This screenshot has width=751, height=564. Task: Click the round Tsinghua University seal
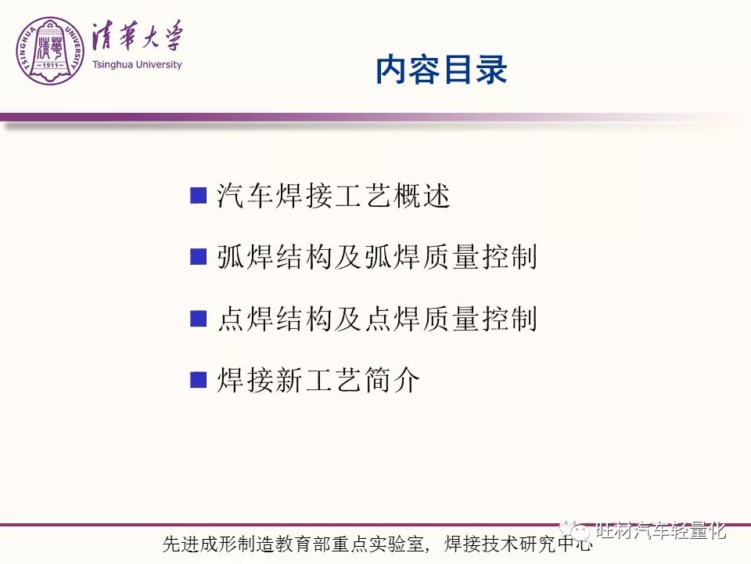pyautogui.click(x=50, y=51)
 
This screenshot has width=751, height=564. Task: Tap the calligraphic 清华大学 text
pyautogui.click(x=138, y=36)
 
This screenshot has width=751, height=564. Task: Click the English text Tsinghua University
pyautogui.click(x=137, y=65)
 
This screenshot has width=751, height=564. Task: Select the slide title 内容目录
pyautogui.click(x=441, y=70)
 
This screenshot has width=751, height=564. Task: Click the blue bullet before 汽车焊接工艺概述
pyautogui.click(x=198, y=196)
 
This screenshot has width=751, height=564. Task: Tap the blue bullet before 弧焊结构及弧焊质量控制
pyautogui.click(x=198, y=257)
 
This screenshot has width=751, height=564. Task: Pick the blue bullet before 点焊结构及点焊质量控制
pyautogui.click(x=198, y=318)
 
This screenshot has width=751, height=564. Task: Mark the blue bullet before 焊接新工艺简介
pyautogui.click(x=198, y=379)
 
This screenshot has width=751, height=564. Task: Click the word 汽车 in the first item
pyautogui.click(x=245, y=196)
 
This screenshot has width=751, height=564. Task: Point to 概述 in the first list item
pyautogui.click(x=422, y=196)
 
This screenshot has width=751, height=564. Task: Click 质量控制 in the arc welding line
pyautogui.click(x=480, y=257)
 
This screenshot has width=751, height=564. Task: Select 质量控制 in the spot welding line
pyautogui.click(x=480, y=318)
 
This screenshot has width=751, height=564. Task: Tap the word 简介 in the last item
pyautogui.click(x=392, y=379)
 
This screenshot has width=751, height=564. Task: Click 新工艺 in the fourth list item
pyautogui.click(x=319, y=379)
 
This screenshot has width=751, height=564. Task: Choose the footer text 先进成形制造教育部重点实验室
pyautogui.click(x=293, y=544)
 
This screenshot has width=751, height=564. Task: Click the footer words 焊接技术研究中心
pyautogui.click(x=518, y=544)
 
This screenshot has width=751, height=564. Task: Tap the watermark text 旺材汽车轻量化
pyautogui.click(x=661, y=530)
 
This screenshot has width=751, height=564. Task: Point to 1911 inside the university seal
pyautogui.click(x=50, y=65)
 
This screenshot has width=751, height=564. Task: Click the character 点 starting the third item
pyautogui.click(x=232, y=318)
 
